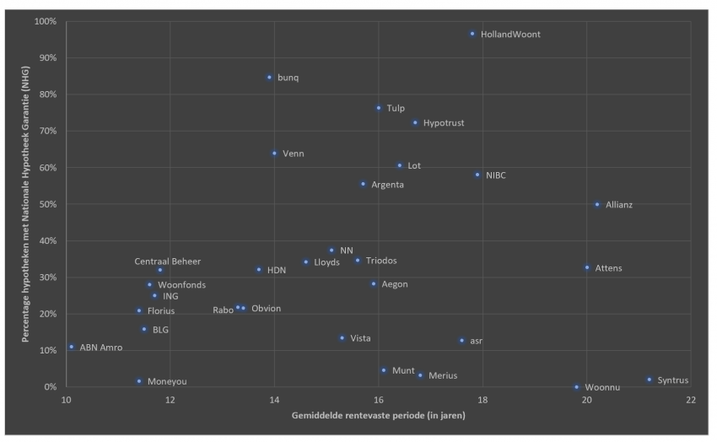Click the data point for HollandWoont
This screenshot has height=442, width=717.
(472, 34)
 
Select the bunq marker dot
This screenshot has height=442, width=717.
(269, 78)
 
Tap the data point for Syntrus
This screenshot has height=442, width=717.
(649, 380)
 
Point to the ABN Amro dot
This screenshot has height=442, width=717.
(72, 347)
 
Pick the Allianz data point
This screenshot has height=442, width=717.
(597, 204)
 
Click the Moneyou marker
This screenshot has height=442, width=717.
(139, 381)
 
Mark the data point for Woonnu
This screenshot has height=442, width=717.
(577, 387)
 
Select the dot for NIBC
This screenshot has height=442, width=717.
(477, 175)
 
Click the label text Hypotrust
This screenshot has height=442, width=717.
(444, 123)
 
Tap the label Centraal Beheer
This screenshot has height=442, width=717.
(168, 261)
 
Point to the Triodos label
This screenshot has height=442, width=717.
(381, 261)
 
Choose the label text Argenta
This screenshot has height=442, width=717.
(387, 185)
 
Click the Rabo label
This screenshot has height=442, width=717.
(223, 310)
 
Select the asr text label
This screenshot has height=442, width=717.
(477, 342)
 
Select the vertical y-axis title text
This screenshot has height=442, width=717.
(27, 205)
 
